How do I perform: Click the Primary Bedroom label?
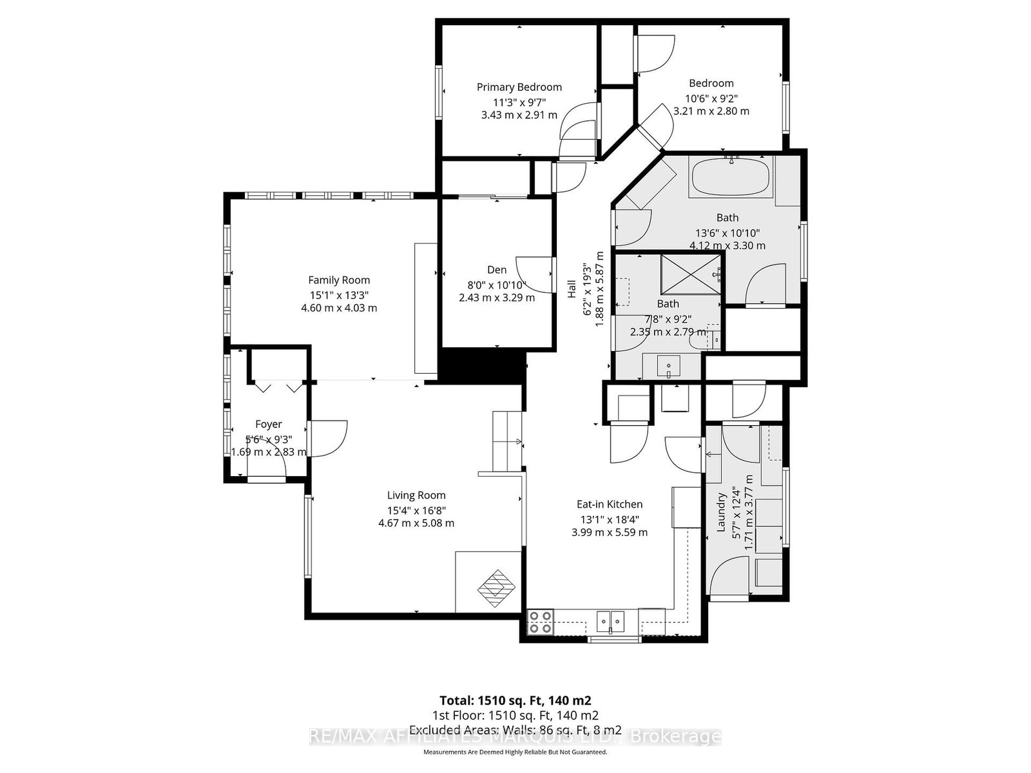pyautogui.click(x=519, y=88)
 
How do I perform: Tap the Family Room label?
pyautogui.click(x=339, y=280)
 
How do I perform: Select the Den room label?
pyautogui.click(x=496, y=270)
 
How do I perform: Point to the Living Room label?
pyautogui.click(x=416, y=495)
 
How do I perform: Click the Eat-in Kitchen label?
pyautogui.click(x=609, y=504)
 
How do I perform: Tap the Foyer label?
pyautogui.click(x=268, y=425)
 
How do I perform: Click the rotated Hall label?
pyautogui.click(x=572, y=289)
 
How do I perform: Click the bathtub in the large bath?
pyautogui.click(x=730, y=177)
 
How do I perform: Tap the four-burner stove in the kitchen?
pyautogui.click(x=540, y=622)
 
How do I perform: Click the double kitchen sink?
pyautogui.click(x=611, y=622)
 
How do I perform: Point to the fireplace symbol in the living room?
pyautogui.click(x=496, y=589)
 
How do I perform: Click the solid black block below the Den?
pyautogui.click(x=481, y=366)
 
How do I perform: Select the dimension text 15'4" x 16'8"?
pyautogui.click(x=416, y=510)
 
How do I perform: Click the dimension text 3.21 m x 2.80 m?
pyautogui.click(x=711, y=111)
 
